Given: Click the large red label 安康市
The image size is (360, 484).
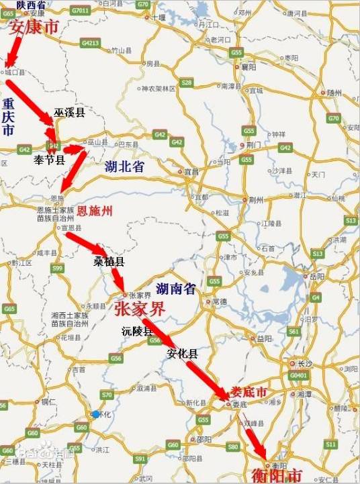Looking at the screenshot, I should tap(32, 28).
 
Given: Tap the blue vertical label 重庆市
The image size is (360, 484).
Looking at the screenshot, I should tap(8, 118).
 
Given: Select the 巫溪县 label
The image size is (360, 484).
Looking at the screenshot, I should tap(70, 113).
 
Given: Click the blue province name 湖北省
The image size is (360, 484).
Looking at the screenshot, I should tap(124, 168).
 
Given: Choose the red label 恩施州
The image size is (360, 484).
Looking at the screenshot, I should tap(94, 211).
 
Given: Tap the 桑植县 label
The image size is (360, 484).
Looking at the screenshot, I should tap(109, 262).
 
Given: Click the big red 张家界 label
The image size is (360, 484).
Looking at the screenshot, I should tap(140, 309).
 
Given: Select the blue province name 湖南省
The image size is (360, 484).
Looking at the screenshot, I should tap(175, 289).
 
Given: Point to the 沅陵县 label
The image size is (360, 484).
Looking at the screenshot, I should tap(137, 332).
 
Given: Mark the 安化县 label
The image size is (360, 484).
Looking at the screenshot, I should tap(182, 353).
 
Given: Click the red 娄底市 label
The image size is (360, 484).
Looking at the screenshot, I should tap(249, 392).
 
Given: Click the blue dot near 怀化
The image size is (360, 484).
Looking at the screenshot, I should tap(97, 414).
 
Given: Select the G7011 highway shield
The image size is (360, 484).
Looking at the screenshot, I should tap(80, 11).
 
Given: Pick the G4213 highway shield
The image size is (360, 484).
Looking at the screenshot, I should tap(90, 43).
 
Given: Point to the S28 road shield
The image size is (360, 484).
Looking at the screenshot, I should tap(187, 83).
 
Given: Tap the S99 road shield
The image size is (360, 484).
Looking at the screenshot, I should tap(57, 269).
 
